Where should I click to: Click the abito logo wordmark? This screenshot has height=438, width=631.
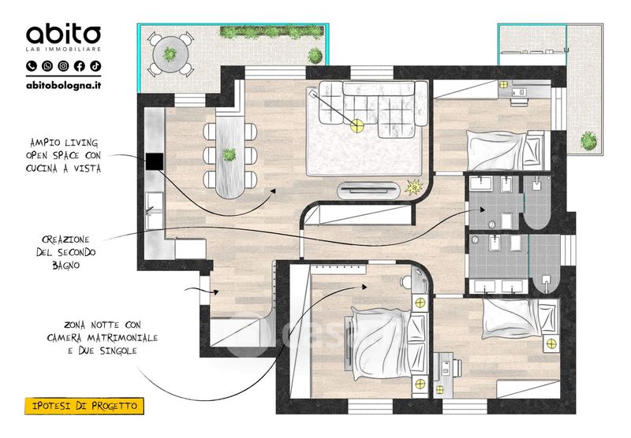[x=64, y=34]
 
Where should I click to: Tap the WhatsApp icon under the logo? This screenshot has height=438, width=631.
[x=47, y=66]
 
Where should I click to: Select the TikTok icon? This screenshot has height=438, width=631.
[x=95, y=66]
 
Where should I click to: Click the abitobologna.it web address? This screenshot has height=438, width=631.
[x=64, y=85]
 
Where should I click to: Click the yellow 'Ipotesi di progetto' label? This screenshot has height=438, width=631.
[x=84, y=406]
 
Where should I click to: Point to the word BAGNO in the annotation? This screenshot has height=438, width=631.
[x=66, y=265]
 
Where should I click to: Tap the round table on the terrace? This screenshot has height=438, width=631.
[x=170, y=54]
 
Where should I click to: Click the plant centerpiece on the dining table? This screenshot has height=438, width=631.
[x=230, y=154]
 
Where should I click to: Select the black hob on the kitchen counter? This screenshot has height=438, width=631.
[x=155, y=161]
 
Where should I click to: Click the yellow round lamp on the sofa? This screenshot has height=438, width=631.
[x=357, y=126]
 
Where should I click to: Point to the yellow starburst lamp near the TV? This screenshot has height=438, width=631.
[x=413, y=187]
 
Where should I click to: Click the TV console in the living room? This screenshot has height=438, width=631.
[x=369, y=191]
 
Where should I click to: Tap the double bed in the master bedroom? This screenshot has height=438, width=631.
[x=383, y=344]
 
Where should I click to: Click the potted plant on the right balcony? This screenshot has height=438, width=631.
[x=588, y=141]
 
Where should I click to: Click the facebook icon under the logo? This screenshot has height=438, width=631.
[x=80, y=66]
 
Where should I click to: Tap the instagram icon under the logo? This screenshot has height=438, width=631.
[x=63, y=66]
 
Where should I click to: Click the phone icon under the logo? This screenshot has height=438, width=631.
[x=32, y=66]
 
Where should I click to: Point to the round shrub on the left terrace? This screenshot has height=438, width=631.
[x=315, y=55]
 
